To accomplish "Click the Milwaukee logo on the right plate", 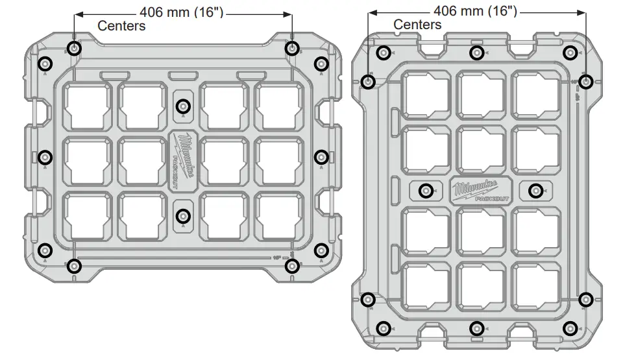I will pyautogui.click(x=480, y=190).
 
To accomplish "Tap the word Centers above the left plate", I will pyautogui.click(x=121, y=26).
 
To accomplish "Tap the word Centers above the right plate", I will pyautogui.click(x=417, y=25).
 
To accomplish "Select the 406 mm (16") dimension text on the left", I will pyautogui.click(x=182, y=12).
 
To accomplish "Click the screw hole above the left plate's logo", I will pyautogui.click(x=184, y=105).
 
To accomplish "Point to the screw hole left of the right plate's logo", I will pyautogui.click(x=426, y=191).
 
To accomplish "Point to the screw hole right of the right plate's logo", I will pyautogui.click(x=535, y=191).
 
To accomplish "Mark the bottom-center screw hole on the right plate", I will pyautogui.click(x=476, y=328).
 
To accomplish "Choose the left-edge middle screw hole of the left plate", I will pyautogui.click(x=45, y=156).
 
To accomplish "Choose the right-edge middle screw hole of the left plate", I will pyautogui.click(x=322, y=156).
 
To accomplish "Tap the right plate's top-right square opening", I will pyautogui.click(x=535, y=94).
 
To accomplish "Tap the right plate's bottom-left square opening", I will pyautogui.click(x=426, y=283).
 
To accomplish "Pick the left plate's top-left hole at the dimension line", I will pyautogui.click(x=75, y=48).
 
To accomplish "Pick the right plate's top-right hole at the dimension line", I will pyautogui.click(x=585, y=82).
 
